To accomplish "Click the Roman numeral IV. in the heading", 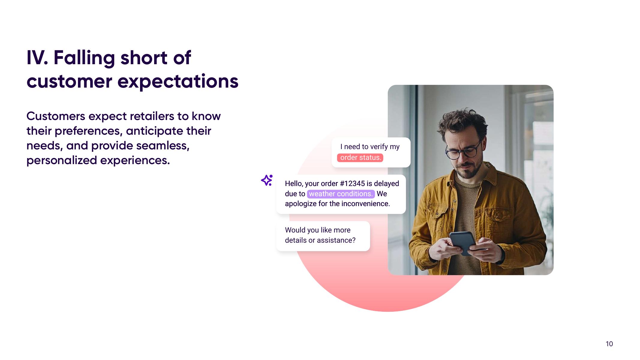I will coord(37,58).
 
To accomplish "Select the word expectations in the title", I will coord(178,82).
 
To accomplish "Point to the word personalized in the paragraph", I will coord(61,160).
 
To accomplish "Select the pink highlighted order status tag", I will coord(360,157).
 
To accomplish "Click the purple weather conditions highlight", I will coord(341,194).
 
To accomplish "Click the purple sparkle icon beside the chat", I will coord(266,180).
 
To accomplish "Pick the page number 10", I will coord(609,344).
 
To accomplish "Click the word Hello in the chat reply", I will coord(294,184).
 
